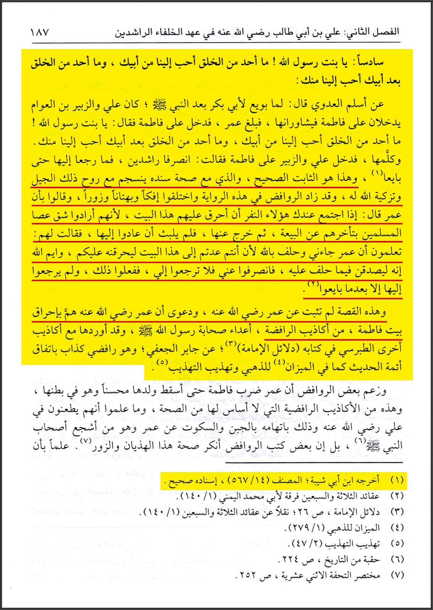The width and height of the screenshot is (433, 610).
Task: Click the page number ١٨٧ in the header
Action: coord(39,32)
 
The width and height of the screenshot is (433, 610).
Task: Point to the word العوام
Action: coord(46,104)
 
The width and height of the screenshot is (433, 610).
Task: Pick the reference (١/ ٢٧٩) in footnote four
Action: coord(304,528)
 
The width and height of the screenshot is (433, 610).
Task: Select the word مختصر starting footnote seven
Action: coord(367,575)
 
